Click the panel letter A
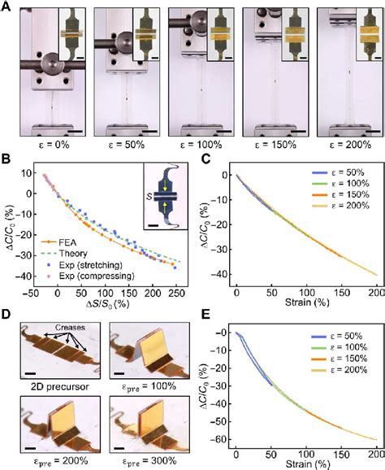coord(6,7)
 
